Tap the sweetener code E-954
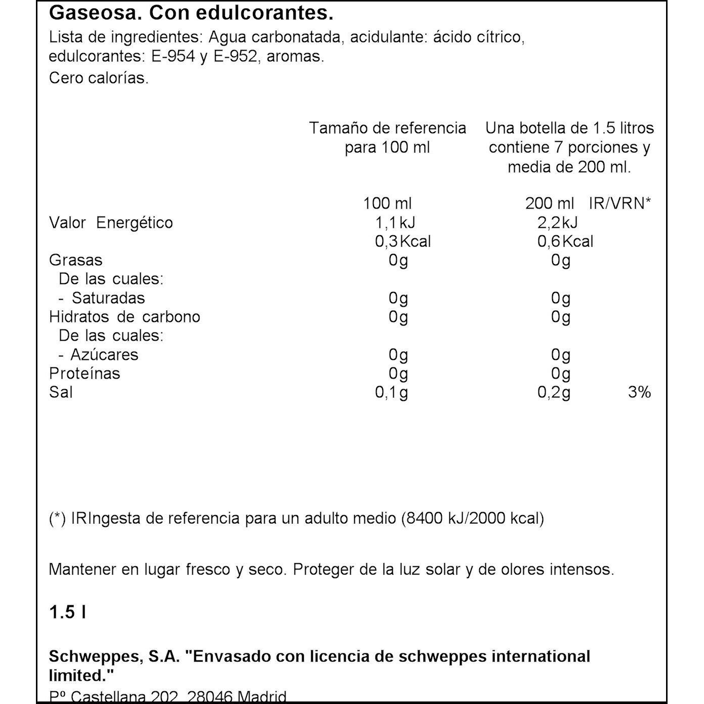173,57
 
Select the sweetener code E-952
235,57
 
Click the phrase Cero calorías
99,78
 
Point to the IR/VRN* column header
619,203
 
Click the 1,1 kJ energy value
395,223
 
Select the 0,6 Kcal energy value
565,241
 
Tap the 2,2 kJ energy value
557,223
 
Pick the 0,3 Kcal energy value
403,241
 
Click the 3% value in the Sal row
639,392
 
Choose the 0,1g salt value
391,393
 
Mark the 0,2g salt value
554,393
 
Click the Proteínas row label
85,374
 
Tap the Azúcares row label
104,355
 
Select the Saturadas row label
108,298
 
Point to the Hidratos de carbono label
125,317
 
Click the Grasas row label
75,260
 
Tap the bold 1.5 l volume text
67,612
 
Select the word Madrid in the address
262,697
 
